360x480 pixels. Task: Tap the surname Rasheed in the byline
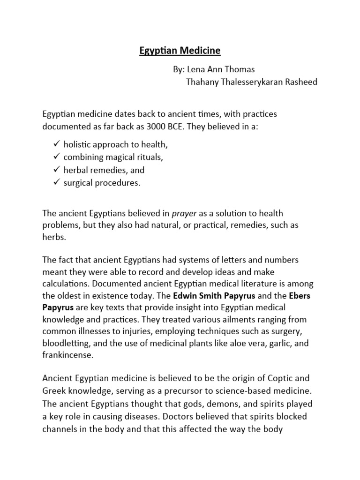(299, 82)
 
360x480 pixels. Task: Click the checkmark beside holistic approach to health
(57, 145)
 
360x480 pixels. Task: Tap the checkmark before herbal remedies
(57, 170)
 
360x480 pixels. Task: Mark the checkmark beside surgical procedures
(57, 183)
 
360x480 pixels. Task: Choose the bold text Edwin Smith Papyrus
(213, 296)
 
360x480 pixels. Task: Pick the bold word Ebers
(300, 296)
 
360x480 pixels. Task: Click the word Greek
(53, 390)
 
